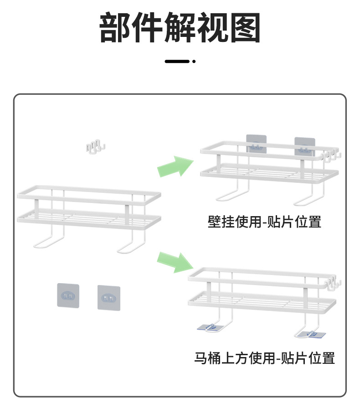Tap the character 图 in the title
point(245,28)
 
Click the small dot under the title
point(194,61)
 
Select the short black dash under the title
point(177,61)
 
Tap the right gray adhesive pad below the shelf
point(109,298)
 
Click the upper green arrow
point(175,166)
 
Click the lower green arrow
point(175,262)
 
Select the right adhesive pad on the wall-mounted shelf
point(304,146)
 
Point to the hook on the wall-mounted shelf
point(332,156)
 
